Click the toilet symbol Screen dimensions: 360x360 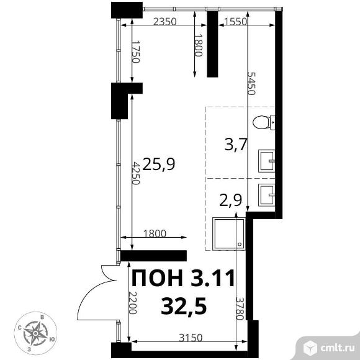[x=264, y=122]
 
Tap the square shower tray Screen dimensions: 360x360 [x=229, y=233]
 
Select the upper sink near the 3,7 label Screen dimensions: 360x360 [x=266, y=161]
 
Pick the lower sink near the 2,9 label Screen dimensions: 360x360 [x=266, y=195]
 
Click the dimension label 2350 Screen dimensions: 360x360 [x=165, y=22]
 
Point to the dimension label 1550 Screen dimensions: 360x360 [x=235, y=22]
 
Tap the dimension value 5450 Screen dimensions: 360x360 [x=251, y=84]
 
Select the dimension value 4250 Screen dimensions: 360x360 [x=136, y=174]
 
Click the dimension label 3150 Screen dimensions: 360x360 [x=191, y=338]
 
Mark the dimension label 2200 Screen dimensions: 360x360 [x=133, y=303]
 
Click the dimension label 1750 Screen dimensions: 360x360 [x=136, y=52]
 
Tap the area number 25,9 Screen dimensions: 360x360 [x=159, y=164]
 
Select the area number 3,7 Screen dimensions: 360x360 [x=236, y=145]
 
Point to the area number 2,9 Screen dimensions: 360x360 [x=231, y=200]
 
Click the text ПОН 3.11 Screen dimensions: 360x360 [x=184, y=278]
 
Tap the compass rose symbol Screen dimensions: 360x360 [x=35, y=333]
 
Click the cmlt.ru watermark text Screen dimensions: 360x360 [x=338, y=348]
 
